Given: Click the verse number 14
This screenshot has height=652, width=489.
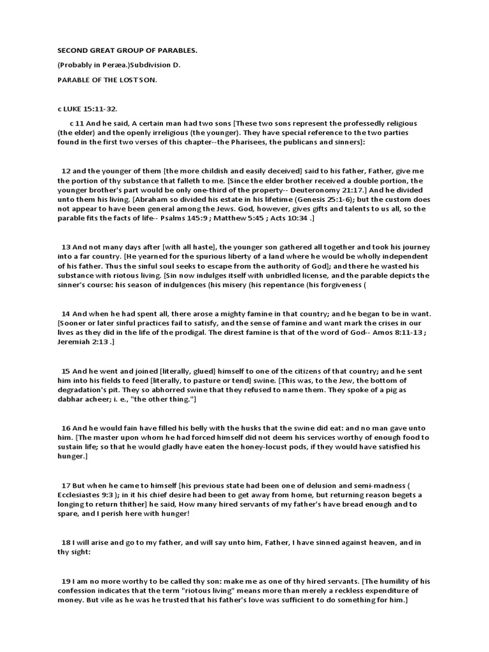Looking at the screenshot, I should point(65,313).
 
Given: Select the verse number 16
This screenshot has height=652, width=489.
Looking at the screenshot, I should point(65,427).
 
